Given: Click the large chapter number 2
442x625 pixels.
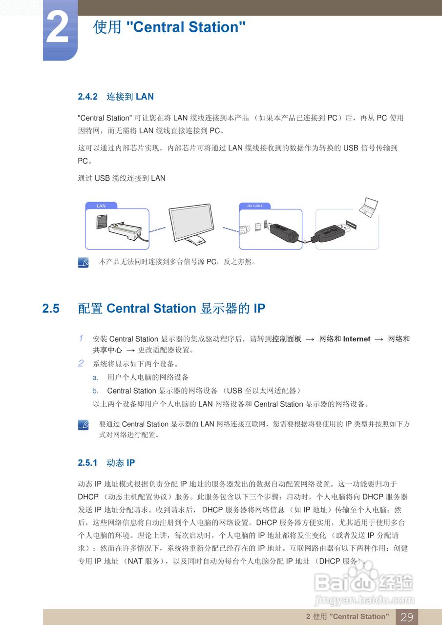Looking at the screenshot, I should [58, 28].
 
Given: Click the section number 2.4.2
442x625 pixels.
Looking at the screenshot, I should [88, 97].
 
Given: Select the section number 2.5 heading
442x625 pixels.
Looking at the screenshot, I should [51, 309].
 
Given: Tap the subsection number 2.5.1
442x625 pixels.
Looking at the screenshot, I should [88, 462].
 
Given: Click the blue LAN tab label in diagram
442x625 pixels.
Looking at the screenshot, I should [101, 206].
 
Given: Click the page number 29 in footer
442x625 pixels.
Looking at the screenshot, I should [406, 617].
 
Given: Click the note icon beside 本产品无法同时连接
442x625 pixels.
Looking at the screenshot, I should [84, 262].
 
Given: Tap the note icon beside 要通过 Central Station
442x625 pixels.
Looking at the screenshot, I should [84, 425].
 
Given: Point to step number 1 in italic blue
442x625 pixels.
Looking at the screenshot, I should [81, 338].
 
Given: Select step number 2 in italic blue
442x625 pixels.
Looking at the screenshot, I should [81, 363].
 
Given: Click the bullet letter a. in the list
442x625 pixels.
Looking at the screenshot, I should [96, 377].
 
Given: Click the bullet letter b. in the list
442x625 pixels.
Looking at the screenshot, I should [96, 391].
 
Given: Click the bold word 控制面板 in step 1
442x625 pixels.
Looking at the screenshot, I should [287, 339].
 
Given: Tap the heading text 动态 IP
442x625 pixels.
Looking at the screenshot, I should [121, 462].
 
